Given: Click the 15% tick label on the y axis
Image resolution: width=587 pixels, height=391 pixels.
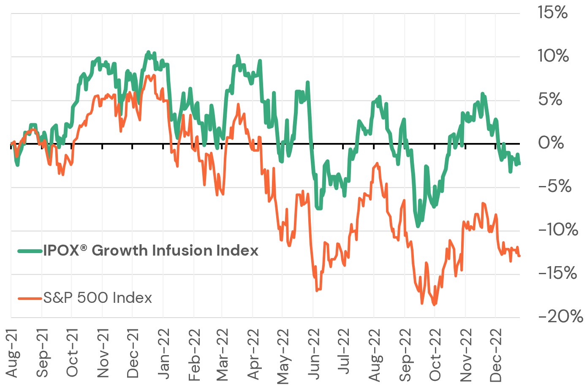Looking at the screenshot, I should [x=552, y=13].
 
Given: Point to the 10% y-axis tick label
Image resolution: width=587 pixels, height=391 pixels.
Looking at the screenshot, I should [x=553, y=56].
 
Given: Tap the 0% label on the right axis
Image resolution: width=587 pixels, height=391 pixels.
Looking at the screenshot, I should [x=551, y=143].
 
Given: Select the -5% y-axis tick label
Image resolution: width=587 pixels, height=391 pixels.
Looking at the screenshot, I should [x=554, y=186].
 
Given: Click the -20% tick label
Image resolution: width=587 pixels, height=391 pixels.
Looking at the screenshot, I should [x=560, y=316].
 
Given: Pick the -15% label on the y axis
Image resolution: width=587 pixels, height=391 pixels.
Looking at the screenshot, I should [x=557, y=273].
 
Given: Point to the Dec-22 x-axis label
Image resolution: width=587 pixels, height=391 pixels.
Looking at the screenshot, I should [x=495, y=355].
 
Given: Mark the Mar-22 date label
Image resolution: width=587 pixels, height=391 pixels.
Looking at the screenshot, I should [x=222, y=354].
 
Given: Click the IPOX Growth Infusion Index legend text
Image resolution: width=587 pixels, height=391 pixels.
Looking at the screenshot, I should [x=150, y=251].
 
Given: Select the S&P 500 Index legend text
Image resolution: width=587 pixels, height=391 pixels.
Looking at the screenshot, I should [x=98, y=298].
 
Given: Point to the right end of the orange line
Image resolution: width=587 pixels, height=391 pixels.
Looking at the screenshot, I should [x=519, y=256].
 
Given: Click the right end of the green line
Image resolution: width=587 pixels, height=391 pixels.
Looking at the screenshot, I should [x=519, y=164].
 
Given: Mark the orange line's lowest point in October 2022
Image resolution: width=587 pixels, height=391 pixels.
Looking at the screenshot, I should [x=434, y=305].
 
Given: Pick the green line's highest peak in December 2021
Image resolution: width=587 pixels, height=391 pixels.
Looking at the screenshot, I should [x=148, y=52].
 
